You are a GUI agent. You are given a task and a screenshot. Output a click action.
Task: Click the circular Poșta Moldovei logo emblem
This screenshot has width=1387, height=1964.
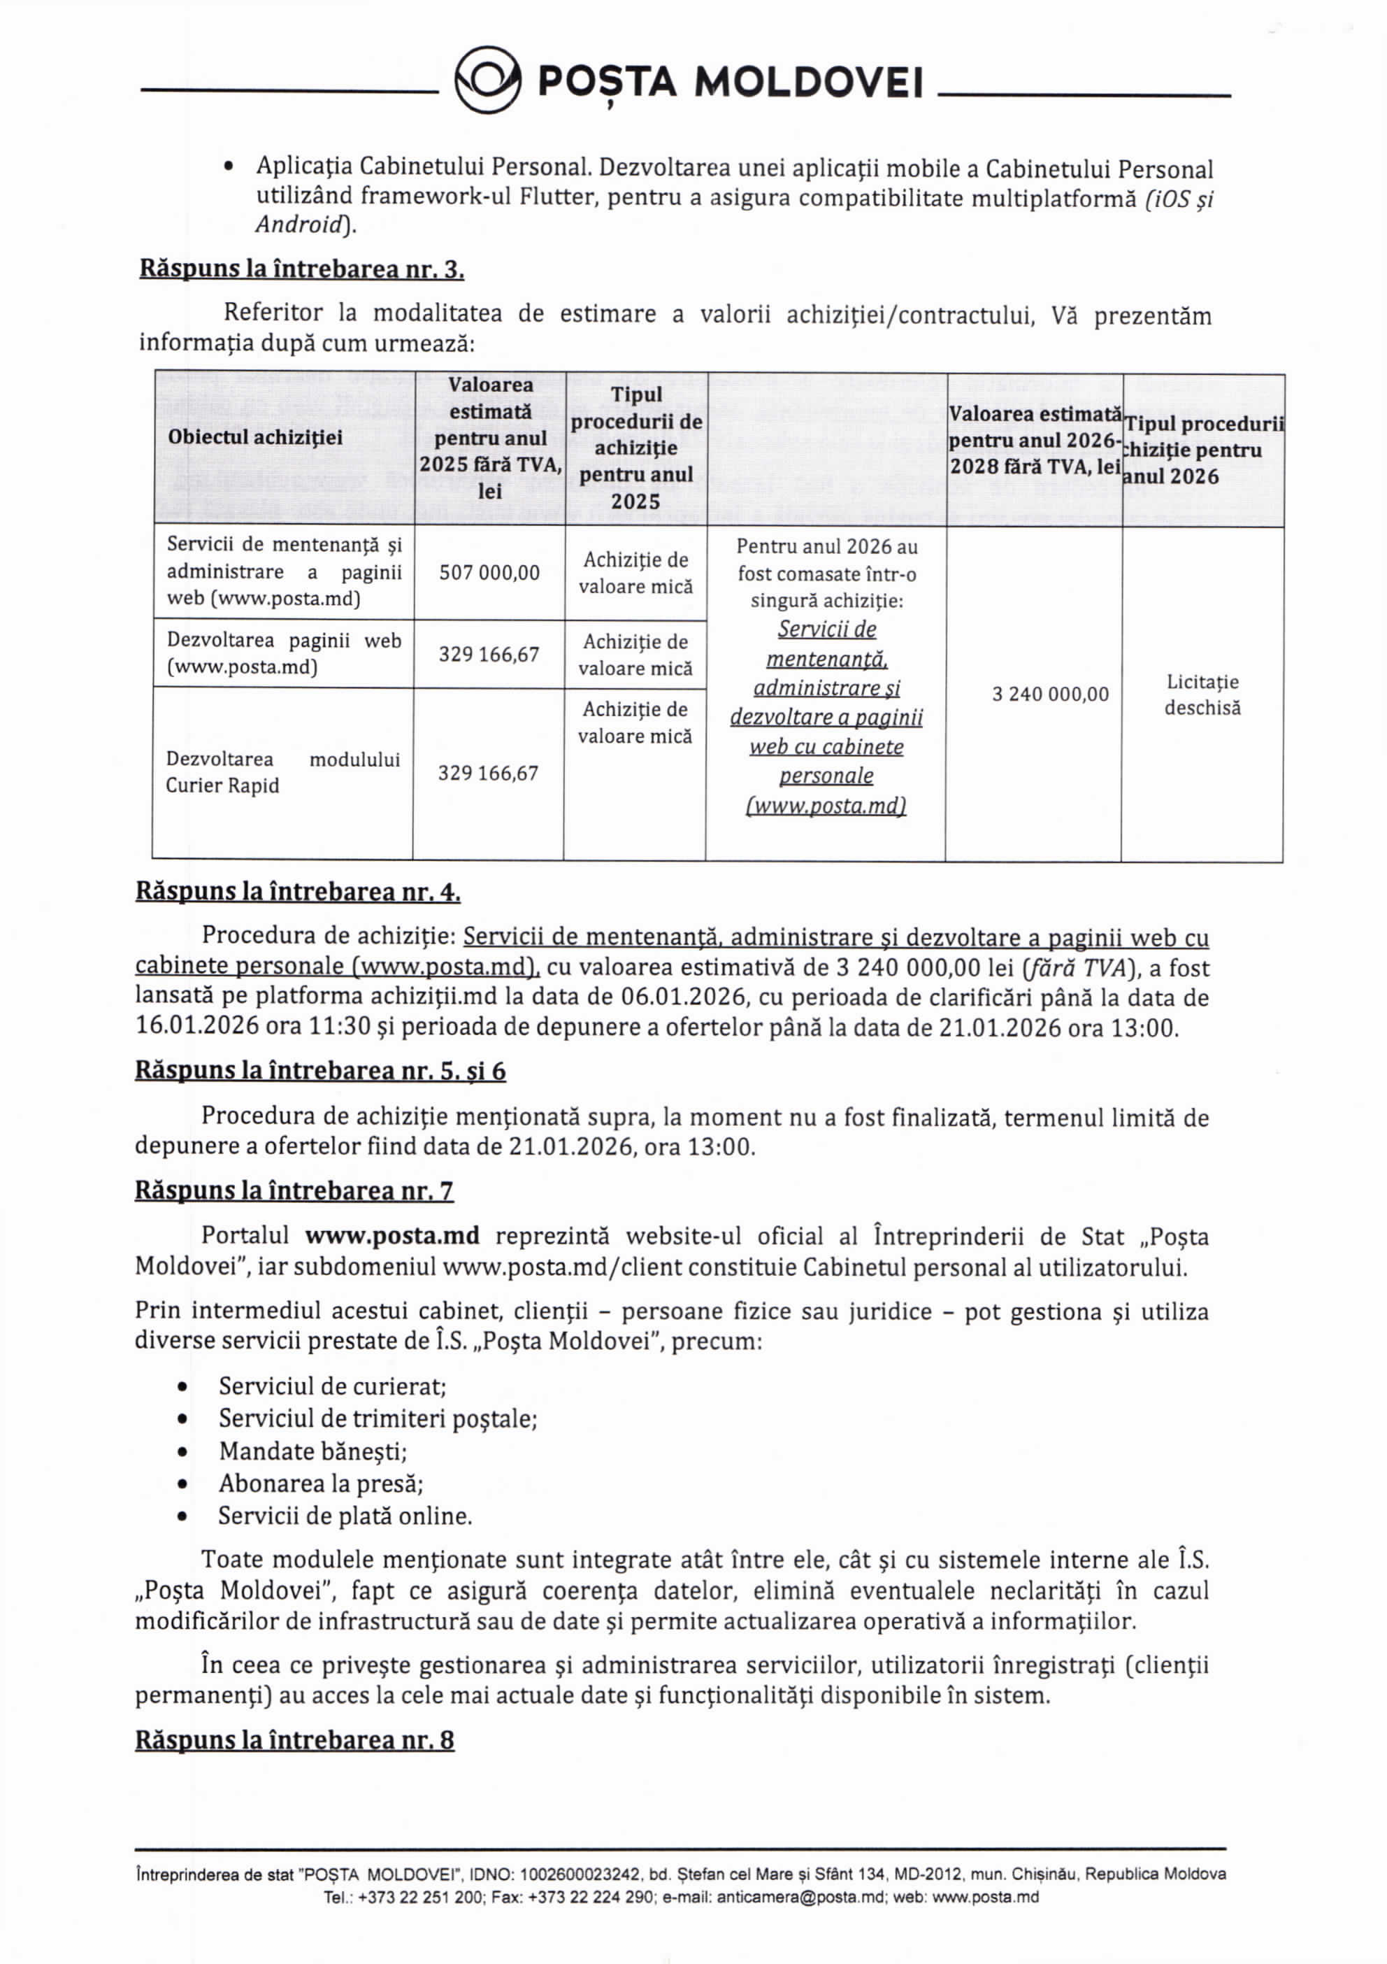(487, 80)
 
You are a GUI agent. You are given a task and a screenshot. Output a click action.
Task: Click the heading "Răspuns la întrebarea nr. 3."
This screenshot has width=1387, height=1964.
(302, 269)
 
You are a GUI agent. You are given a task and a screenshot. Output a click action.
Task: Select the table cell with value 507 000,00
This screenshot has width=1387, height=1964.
(489, 573)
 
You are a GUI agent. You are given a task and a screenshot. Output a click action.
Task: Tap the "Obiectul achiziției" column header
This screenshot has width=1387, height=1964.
(255, 438)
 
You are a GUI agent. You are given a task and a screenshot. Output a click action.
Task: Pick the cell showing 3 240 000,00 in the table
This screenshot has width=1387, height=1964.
(1050, 695)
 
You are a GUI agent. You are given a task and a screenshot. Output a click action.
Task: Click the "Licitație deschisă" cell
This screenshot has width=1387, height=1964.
(1202, 695)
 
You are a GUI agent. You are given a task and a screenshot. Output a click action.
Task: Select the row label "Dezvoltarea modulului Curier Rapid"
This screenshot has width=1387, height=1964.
(282, 772)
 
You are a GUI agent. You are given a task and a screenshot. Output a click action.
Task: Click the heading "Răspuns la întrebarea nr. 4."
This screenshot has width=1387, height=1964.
(299, 892)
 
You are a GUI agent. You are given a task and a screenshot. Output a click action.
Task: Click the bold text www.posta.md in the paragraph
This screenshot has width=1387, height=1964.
(392, 1237)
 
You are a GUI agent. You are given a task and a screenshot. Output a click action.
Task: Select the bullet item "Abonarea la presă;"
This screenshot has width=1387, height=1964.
(321, 1484)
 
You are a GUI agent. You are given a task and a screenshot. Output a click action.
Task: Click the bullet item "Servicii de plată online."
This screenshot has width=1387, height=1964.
(345, 1516)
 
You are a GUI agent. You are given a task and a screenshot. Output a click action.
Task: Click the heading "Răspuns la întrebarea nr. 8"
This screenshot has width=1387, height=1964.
(295, 1741)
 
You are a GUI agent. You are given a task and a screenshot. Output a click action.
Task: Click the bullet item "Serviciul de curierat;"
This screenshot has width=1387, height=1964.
(333, 1386)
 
